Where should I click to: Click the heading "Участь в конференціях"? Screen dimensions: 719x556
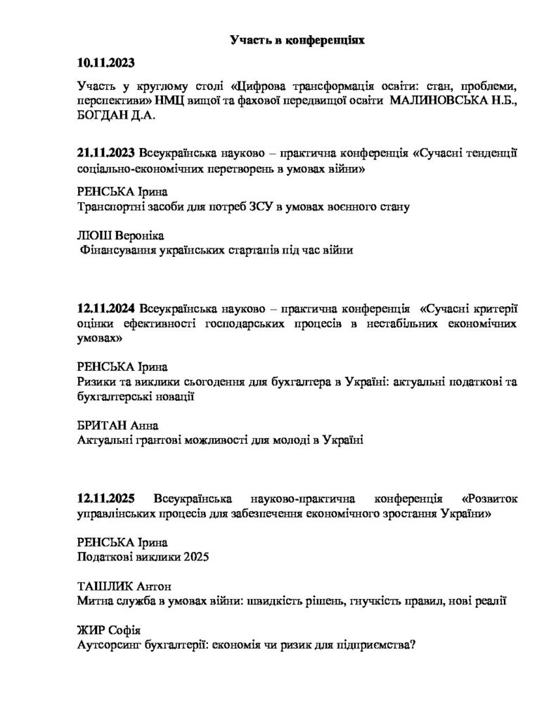298,41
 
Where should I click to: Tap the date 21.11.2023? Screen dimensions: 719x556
106,153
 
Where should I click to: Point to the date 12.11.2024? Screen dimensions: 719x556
106,309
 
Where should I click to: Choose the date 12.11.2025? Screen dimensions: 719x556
106,499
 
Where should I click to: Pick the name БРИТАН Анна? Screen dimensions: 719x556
117,426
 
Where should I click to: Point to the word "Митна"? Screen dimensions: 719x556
94,601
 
